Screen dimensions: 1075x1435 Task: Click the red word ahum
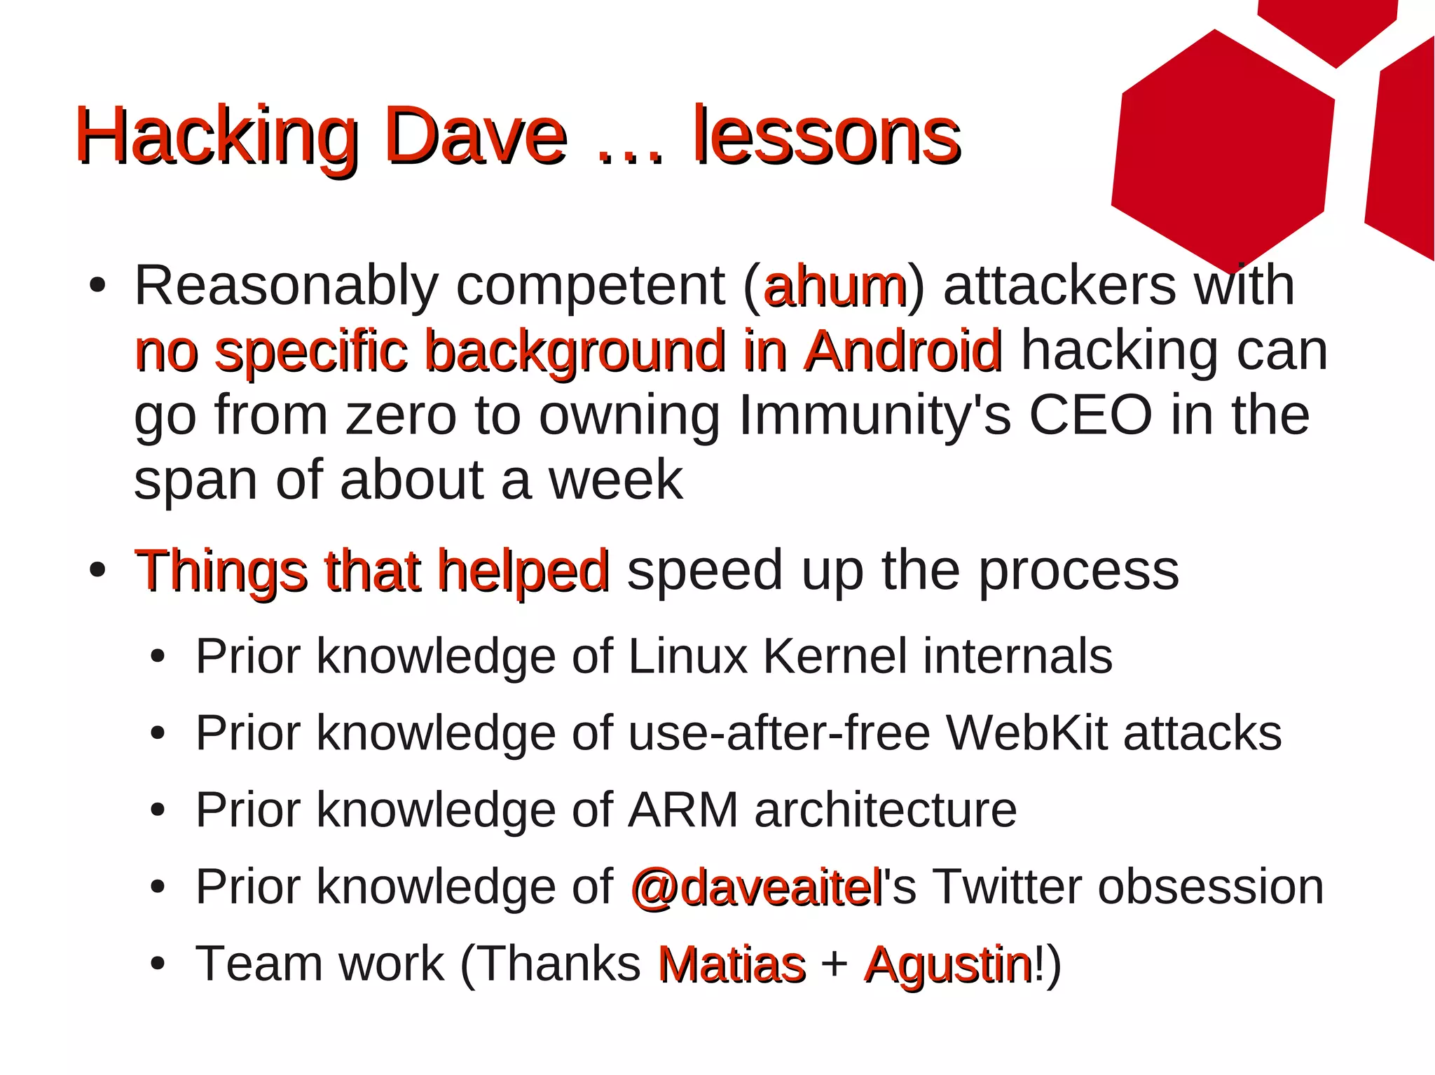pos(835,287)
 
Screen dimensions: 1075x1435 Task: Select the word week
pos(615,480)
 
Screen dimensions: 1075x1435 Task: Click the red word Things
pos(221,571)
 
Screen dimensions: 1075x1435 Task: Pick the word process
pos(1078,571)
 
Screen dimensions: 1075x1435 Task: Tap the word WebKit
pos(1027,733)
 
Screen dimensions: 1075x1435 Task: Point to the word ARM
pos(683,810)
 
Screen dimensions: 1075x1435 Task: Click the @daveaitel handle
pos(756,887)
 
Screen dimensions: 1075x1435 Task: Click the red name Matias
pos(732,964)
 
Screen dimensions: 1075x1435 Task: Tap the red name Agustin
pos(948,964)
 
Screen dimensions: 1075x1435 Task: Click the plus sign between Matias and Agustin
pos(835,964)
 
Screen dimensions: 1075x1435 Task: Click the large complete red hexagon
pos(1223,151)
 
